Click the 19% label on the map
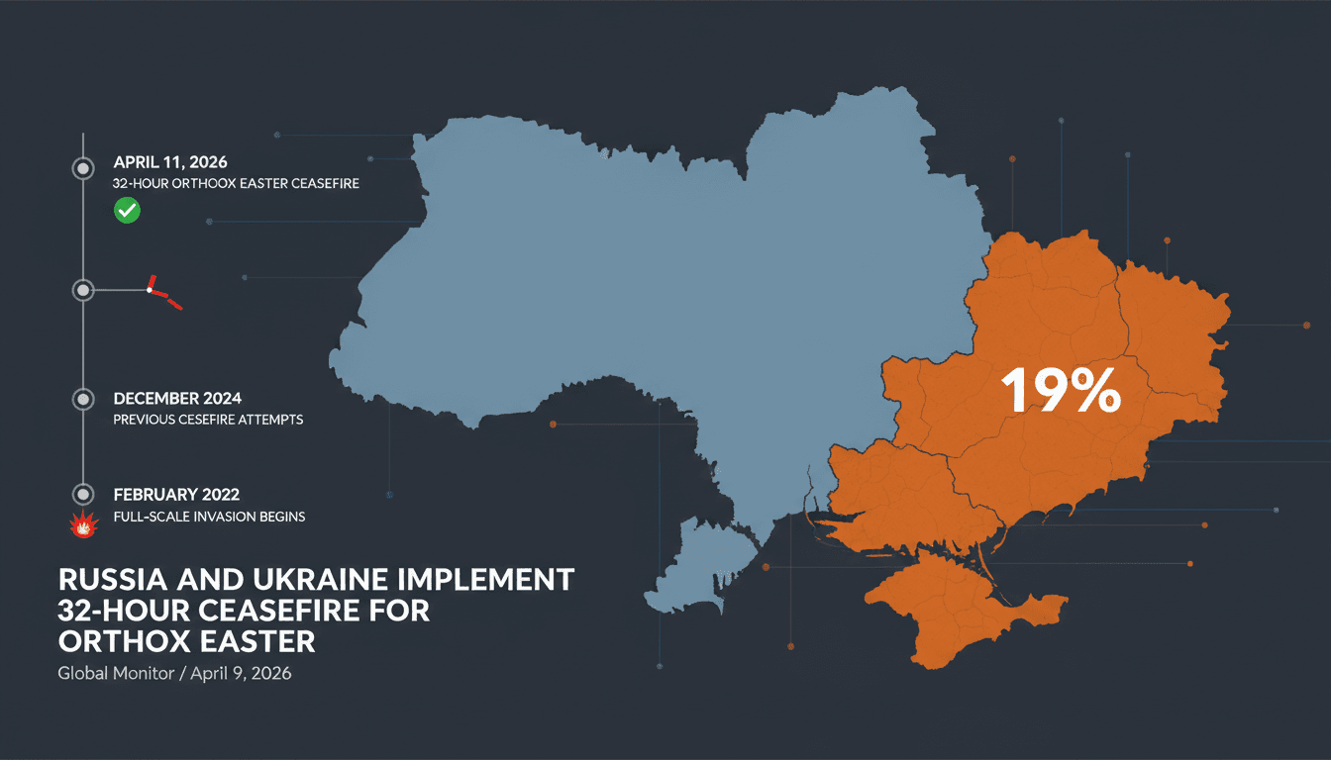click(x=1061, y=390)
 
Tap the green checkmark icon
click(x=127, y=210)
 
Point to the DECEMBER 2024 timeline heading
click(x=177, y=399)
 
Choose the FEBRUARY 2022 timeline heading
click(x=176, y=494)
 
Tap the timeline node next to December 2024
click(x=83, y=399)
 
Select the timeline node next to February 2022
click(x=83, y=494)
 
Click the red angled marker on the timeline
click(x=162, y=293)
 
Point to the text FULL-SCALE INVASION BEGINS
click(x=209, y=517)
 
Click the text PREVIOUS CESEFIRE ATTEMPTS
click(x=208, y=420)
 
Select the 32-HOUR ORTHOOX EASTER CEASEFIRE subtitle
click(x=236, y=183)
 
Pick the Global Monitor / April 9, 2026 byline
click(x=174, y=674)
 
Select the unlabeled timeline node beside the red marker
click(x=83, y=290)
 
